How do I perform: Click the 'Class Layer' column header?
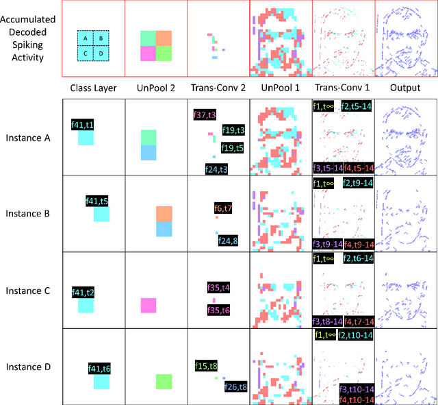(93, 88)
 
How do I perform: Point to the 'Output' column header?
(406, 88)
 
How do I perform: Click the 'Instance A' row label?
(29, 138)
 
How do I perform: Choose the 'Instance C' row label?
(29, 291)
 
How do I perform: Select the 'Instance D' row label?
(29, 367)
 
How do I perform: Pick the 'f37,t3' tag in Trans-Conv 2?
(204, 115)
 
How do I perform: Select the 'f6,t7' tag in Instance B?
(223, 208)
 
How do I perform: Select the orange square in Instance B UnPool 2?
(164, 213)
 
